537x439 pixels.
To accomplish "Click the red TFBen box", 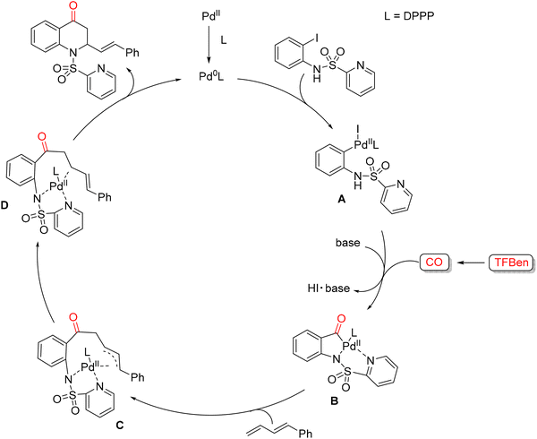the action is (x=512, y=263).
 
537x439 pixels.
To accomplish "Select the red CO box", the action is (x=434, y=263).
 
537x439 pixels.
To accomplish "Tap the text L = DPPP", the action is (x=409, y=16).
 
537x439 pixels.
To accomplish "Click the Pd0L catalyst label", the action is (x=211, y=77).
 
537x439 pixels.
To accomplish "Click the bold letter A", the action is (x=342, y=200).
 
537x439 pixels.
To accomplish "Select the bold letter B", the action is (x=334, y=400).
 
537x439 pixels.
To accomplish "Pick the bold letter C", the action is (x=120, y=426).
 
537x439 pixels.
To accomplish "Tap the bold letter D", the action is (x=6, y=206).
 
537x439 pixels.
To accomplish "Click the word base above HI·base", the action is (x=347, y=243).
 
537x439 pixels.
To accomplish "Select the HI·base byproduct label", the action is (x=328, y=288).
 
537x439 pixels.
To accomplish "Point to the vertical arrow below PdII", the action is (x=208, y=46).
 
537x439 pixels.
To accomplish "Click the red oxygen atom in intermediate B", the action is (x=340, y=320).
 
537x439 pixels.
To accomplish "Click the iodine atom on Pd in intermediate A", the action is (x=357, y=130).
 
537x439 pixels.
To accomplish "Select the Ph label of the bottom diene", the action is (x=305, y=434).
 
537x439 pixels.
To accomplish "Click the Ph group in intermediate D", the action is (x=105, y=197).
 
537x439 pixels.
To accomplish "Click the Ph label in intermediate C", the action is (x=137, y=377).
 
